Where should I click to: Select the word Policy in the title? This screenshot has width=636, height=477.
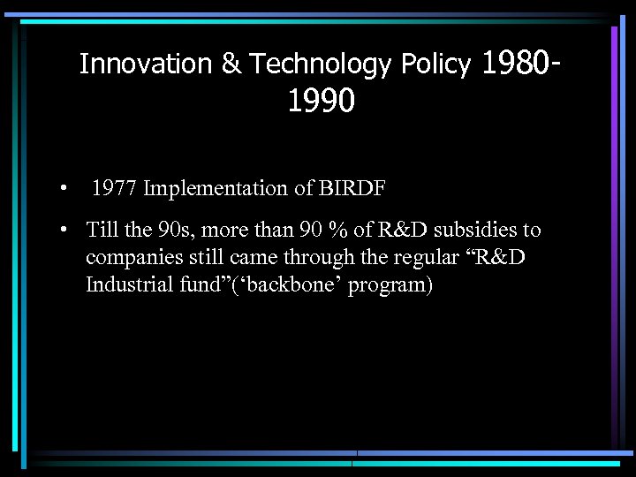pyautogui.click(x=435, y=64)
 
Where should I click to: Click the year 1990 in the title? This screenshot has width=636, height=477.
pyautogui.click(x=321, y=102)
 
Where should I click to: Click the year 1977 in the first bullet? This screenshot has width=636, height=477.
pyautogui.click(x=115, y=188)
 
